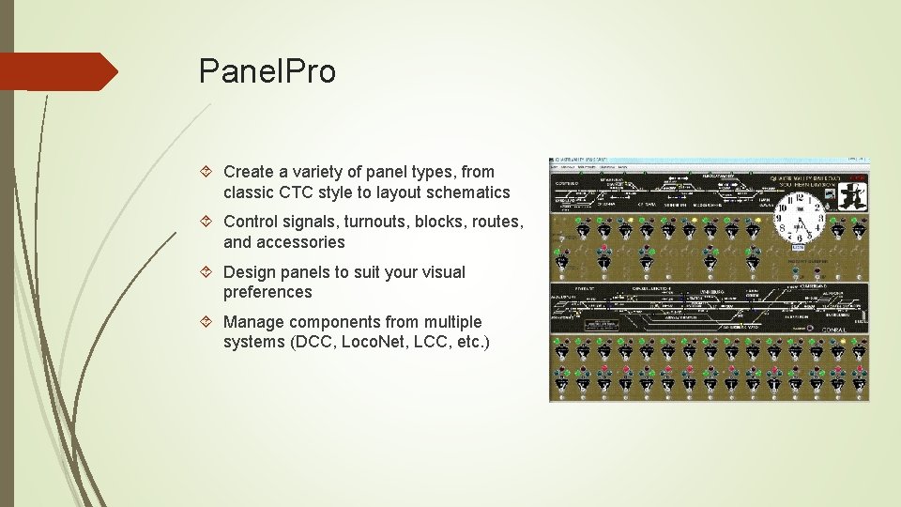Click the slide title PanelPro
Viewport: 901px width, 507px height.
tap(267, 71)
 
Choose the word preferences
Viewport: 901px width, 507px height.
tap(267, 292)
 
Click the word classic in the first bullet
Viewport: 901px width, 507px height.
tap(249, 192)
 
